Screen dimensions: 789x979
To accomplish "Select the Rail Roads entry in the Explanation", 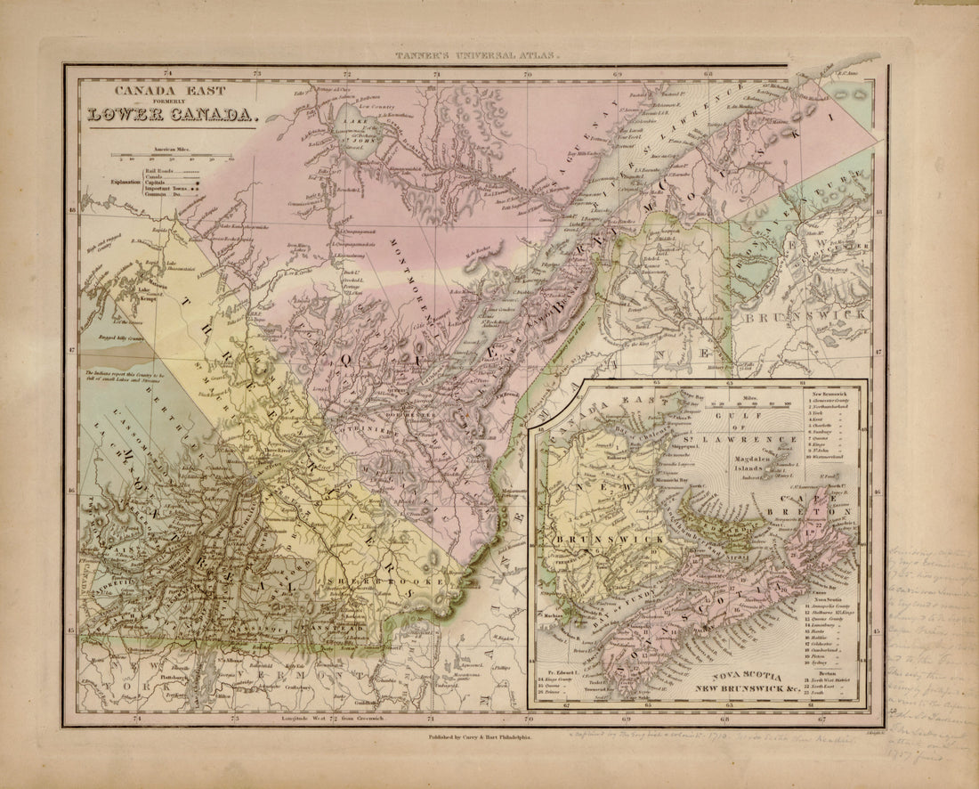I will [x=160, y=169].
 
